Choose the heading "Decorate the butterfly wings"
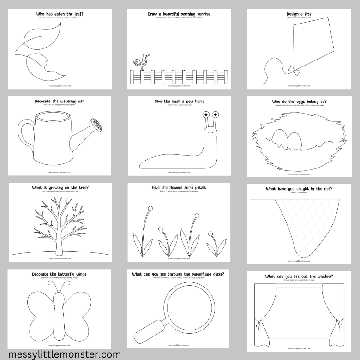pos(59,274)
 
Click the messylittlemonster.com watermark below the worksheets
pos(61,354)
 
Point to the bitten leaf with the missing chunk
pos(41,67)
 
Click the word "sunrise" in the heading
pos(201,14)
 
